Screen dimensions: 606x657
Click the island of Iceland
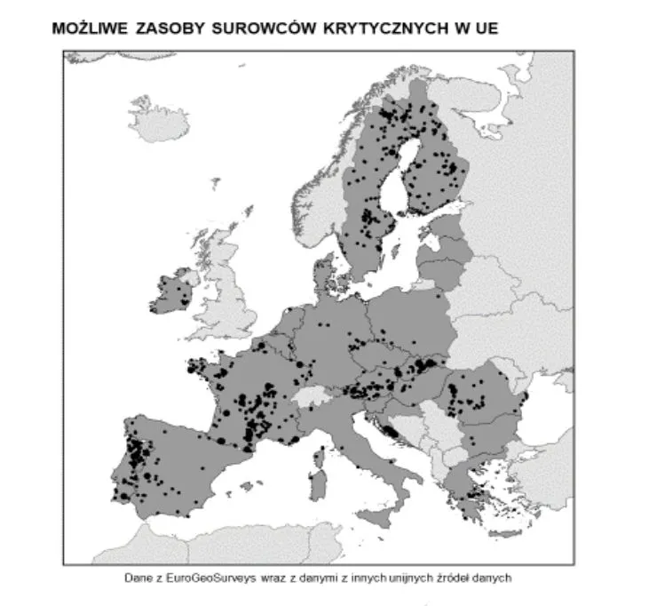160,124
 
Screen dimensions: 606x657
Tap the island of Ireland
171,294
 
